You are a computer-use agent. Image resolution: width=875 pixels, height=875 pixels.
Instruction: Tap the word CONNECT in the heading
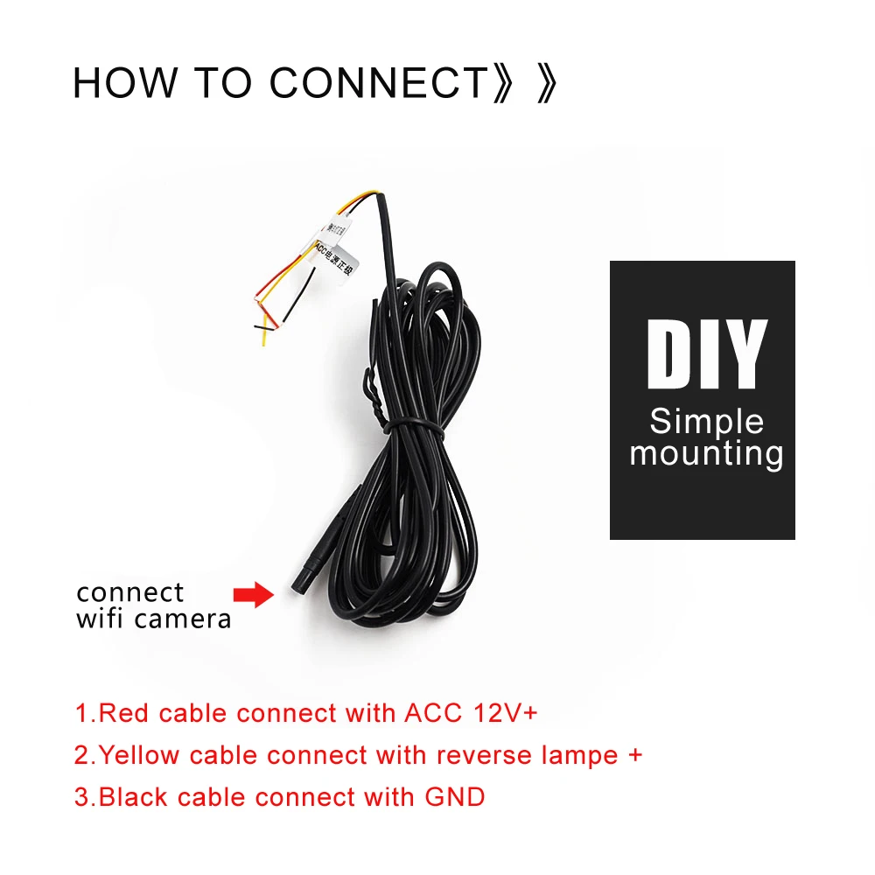point(377,82)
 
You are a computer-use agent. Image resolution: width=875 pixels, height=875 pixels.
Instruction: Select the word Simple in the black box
point(706,422)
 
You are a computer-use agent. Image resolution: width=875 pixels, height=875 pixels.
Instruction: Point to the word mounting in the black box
point(706,453)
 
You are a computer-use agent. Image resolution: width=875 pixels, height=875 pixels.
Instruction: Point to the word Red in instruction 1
point(119,713)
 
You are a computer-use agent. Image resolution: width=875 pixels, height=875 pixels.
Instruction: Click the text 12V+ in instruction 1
point(504,713)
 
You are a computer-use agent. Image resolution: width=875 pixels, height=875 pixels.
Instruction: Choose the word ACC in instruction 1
point(432,713)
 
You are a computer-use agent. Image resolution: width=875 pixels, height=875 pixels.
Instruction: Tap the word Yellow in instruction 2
point(140,755)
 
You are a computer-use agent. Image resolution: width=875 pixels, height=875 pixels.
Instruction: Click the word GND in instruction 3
point(454,797)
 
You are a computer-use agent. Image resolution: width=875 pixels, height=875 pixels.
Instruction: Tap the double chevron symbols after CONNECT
point(525,82)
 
